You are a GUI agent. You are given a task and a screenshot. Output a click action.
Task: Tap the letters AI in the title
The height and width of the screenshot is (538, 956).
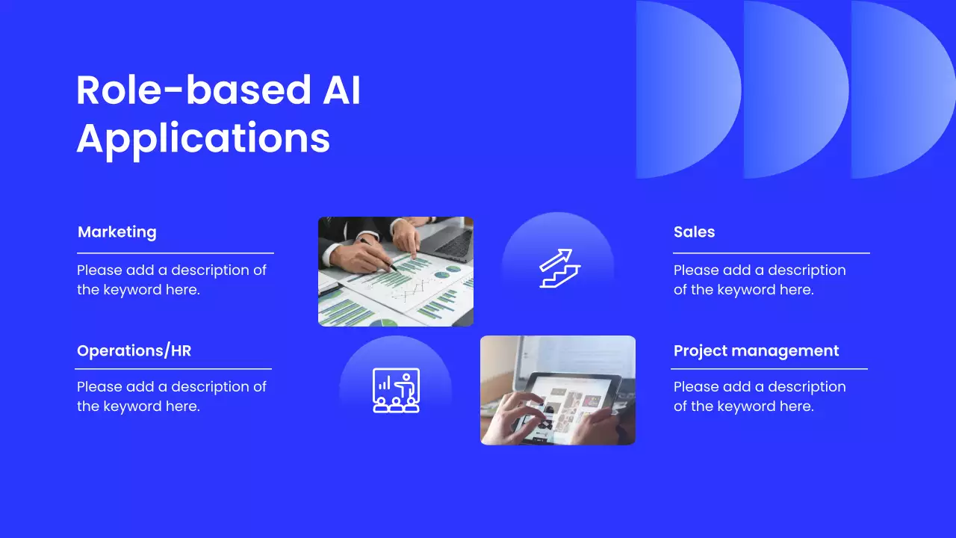341,90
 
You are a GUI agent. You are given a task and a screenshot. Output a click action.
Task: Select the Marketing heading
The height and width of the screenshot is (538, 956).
117,232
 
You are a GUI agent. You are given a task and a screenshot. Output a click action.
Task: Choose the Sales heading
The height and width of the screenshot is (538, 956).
694,232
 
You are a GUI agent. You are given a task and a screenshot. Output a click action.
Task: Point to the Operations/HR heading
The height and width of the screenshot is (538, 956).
134,350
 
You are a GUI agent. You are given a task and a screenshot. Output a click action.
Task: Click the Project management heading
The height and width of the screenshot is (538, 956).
757,351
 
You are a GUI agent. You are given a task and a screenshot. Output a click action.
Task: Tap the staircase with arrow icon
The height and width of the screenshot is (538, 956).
559,268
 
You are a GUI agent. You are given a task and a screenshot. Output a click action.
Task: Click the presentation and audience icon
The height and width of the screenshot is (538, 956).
396,390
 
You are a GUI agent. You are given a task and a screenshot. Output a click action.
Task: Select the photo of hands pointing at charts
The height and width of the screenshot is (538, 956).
396,271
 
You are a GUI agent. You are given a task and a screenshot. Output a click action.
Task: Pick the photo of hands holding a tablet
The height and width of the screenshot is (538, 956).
558,390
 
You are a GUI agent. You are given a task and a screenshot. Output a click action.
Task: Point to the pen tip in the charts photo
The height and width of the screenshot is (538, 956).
395,269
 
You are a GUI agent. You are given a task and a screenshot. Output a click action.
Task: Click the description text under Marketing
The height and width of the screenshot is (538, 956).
172,280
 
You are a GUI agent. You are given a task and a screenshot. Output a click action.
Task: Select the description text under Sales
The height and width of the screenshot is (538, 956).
760,280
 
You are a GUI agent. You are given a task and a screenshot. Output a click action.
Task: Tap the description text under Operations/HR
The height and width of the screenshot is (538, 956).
172,397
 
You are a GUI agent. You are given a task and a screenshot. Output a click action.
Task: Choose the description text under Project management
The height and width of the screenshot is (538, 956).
760,397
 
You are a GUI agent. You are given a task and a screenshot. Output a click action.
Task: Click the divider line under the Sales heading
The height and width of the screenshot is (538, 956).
772,253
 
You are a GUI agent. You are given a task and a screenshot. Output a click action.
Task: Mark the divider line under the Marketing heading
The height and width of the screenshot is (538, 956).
176,253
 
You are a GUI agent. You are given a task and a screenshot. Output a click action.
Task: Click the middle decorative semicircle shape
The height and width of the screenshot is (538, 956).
795,90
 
